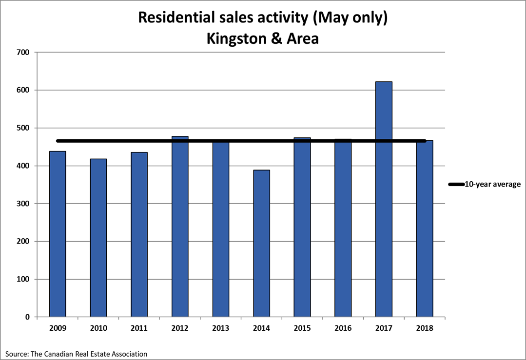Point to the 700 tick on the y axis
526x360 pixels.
23,52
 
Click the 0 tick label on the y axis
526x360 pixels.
27,317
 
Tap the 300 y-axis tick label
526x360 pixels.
23,204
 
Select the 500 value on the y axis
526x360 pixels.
23,128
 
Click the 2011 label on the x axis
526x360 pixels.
139,328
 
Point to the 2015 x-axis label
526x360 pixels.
302,328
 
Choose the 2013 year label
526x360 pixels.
221,328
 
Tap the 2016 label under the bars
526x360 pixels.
343,328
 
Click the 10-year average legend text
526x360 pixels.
492,184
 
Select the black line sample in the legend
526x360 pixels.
456,184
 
